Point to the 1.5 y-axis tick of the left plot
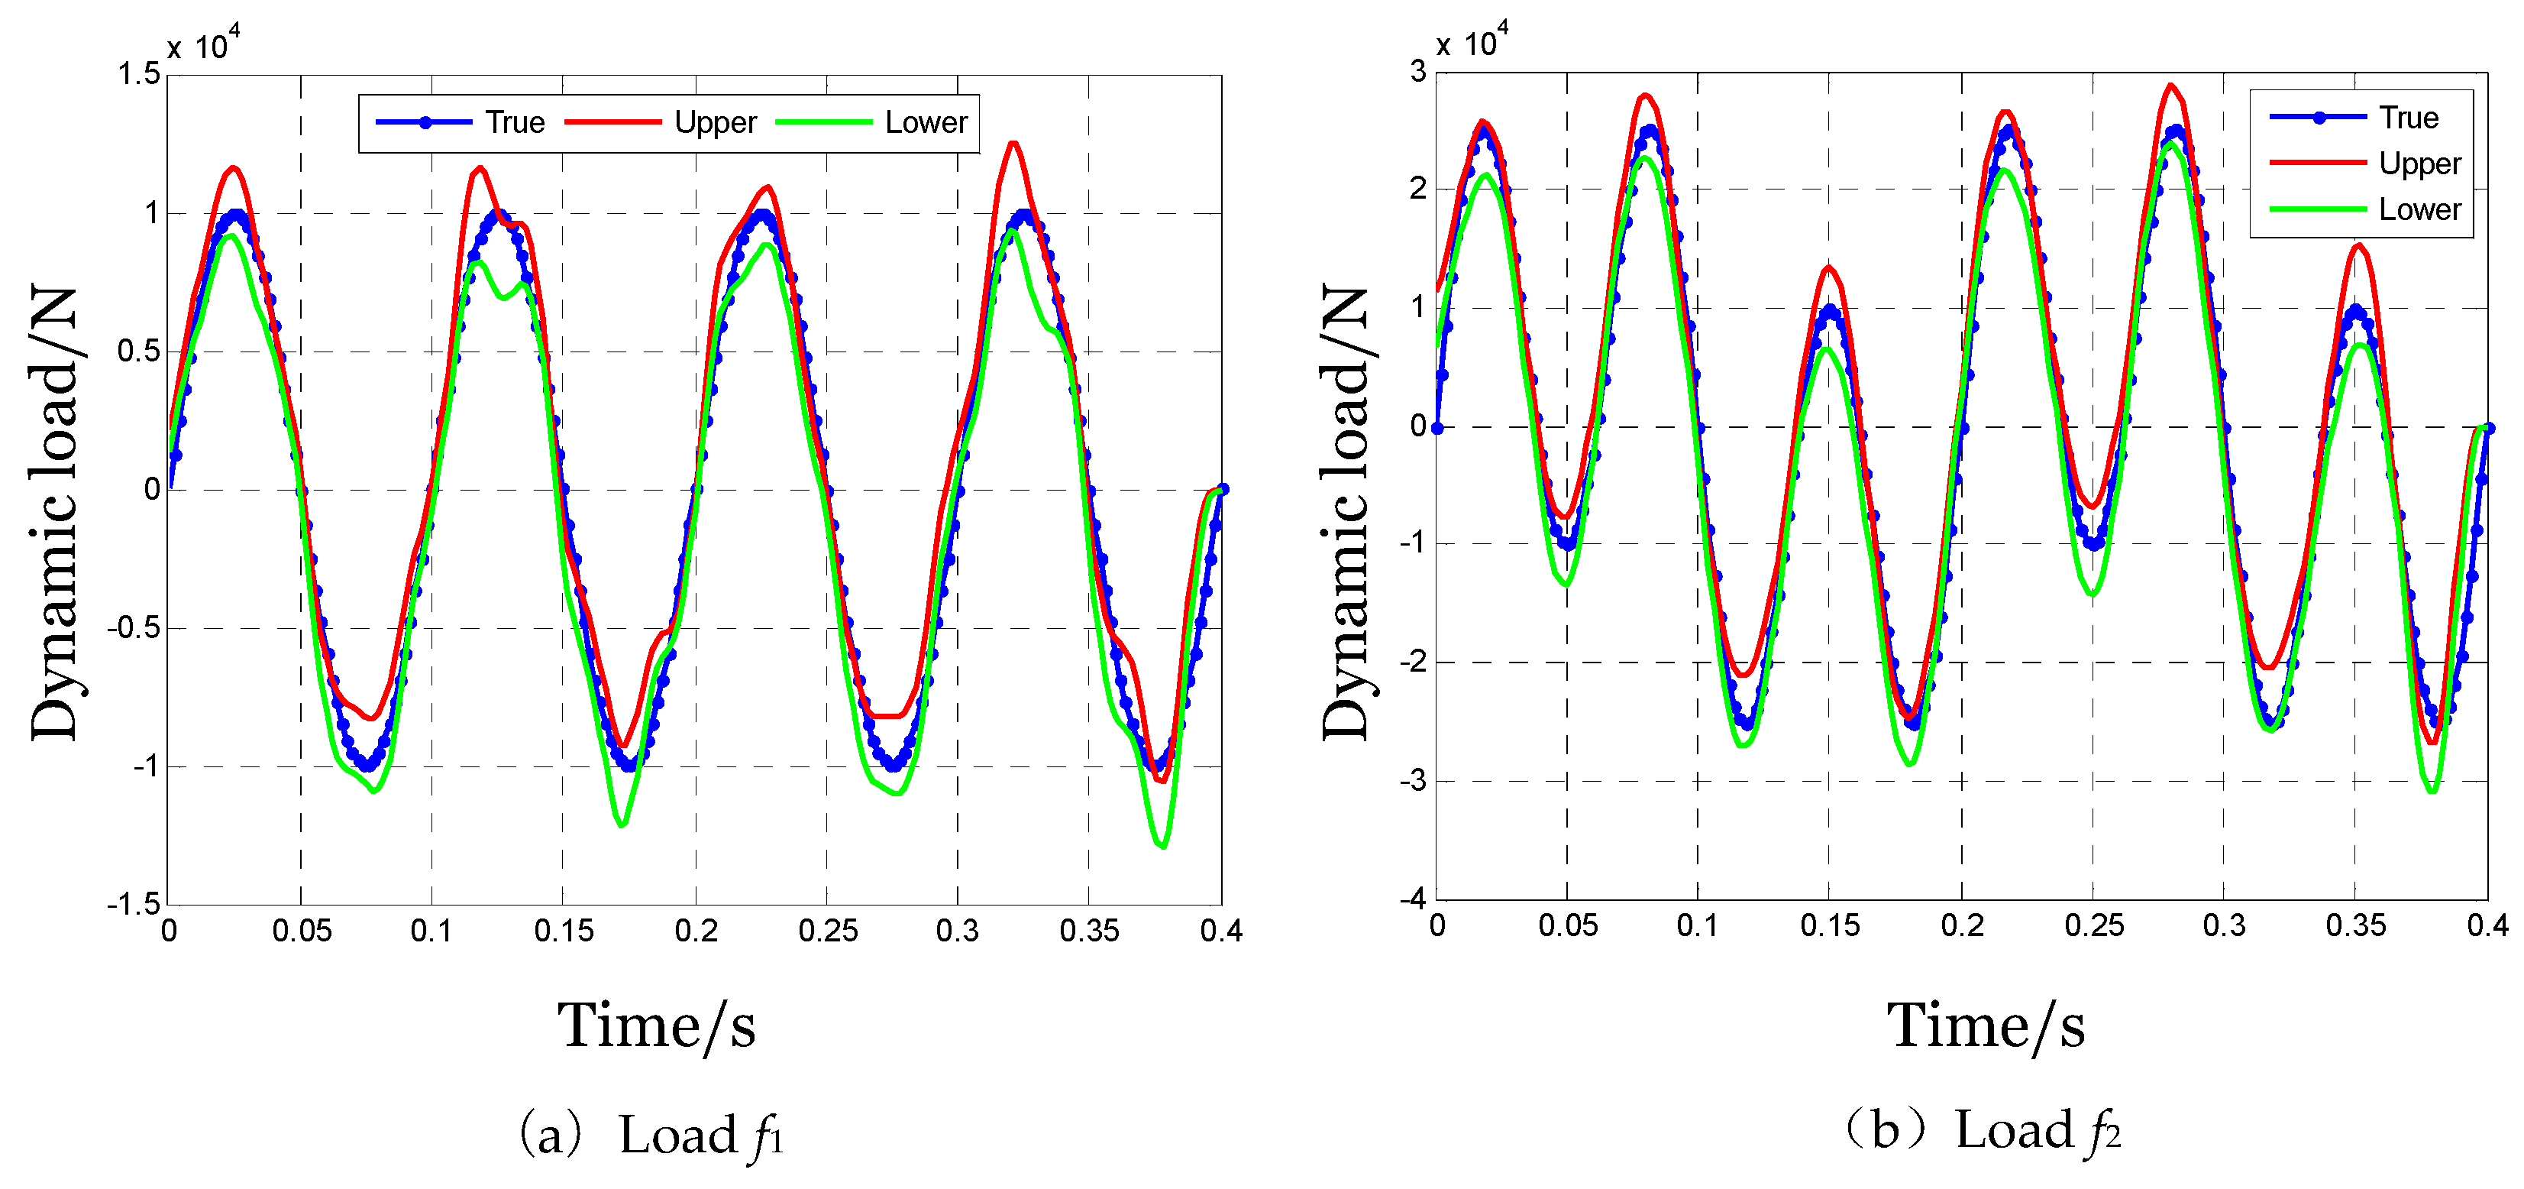138,73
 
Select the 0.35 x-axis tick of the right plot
2355,925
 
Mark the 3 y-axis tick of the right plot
1417,72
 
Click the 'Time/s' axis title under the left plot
657,1025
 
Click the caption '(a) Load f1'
651,1135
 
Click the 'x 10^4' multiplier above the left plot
203,45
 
